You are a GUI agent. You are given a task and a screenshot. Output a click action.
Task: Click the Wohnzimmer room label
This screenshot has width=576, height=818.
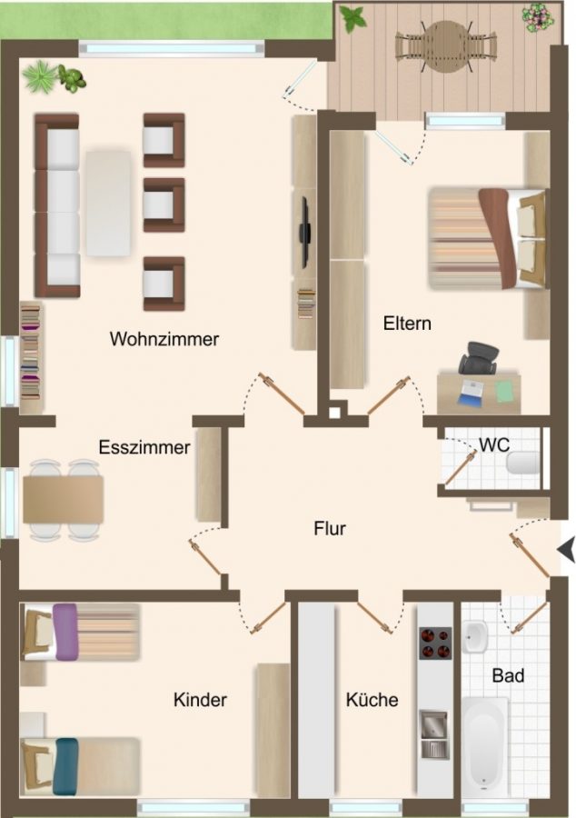pyautogui.click(x=164, y=339)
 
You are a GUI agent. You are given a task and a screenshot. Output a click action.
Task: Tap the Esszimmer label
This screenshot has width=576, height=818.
pyautogui.click(x=144, y=447)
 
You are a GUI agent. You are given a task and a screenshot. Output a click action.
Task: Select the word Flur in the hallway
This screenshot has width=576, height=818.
pyautogui.click(x=330, y=528)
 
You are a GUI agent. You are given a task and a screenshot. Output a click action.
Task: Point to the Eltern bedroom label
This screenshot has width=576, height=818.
pyautogui.click(x=407, y=324)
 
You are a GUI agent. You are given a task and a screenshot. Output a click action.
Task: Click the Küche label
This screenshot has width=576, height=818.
pyautogui.click(x=372, y=700)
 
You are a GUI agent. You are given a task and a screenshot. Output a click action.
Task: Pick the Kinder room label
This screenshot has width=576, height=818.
pyautogui.click(x=200, y=700)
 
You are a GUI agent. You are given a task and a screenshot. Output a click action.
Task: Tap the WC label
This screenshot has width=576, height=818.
pyautogui.click(x=494, y=445)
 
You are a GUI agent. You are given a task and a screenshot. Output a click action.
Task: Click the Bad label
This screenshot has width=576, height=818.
pyautogui.click(x=508, y=676)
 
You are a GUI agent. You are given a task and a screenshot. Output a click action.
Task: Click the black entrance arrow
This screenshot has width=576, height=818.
pyautogui.click(x=566, y=549)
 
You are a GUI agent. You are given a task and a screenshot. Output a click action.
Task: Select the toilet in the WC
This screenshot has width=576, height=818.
pyautogui.click(x=522, y=463)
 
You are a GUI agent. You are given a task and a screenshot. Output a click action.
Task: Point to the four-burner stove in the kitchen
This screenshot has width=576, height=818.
pyautogui.click(x=436, y=643)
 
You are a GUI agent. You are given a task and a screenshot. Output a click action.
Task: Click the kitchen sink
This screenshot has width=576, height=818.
pyautogui.click(x=435, y=733)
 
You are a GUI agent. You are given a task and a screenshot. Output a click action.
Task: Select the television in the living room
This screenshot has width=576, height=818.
pyautogui.click(x=305, y=232)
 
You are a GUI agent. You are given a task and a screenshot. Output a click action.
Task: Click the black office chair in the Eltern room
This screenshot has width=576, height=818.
pyautogui.click(x=479, y=358)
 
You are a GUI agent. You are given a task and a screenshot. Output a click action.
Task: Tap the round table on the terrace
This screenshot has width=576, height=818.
pyautogui.click(x=444, y=46)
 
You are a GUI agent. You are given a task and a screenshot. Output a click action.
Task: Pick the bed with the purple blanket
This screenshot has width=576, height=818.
pyautogui.click(x=80, y=632)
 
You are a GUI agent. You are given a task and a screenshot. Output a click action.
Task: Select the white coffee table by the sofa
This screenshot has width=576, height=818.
pyautogui.click(x=108, y=204)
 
